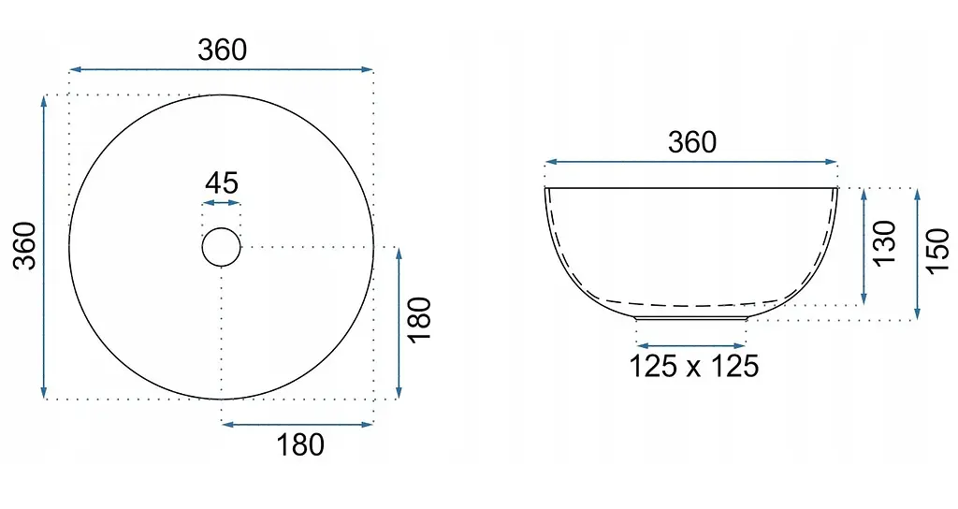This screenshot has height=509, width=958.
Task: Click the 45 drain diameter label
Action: click(222, 182)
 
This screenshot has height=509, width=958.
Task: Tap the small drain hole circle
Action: click(221, 228)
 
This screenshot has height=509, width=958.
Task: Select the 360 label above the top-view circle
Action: click(223, 50)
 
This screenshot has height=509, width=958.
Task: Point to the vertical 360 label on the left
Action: click(25, 246)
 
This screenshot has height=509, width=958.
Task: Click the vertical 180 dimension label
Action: click(420, 320)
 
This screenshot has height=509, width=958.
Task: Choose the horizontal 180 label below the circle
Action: click(300, 444)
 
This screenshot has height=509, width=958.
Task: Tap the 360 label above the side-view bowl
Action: click(692, 142)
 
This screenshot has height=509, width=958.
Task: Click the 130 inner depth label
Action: click(884, 242)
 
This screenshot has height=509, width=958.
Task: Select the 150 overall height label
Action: click(938, 251)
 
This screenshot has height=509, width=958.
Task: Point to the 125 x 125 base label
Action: click(693, 366)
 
